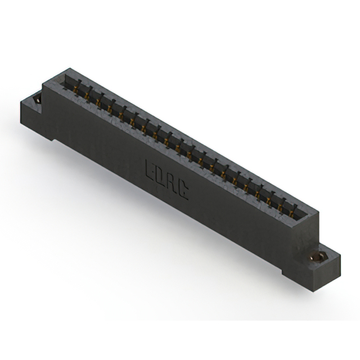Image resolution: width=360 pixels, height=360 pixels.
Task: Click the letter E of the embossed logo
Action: point(150,169)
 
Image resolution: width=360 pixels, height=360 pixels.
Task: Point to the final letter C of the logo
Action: point(183,191)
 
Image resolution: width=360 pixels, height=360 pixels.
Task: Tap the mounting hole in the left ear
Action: point(37,100)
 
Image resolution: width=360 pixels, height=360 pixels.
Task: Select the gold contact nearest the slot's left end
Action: point(76,89)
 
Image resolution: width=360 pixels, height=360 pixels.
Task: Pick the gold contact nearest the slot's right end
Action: point(291,214)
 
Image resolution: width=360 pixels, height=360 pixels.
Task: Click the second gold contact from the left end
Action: point(87,96)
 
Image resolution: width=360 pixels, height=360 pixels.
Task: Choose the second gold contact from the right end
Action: point(280,208)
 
